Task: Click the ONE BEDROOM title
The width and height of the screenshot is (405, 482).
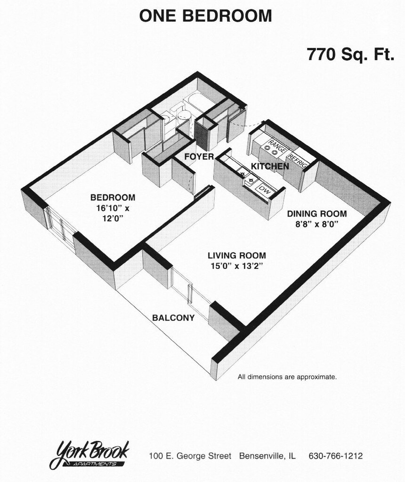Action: click(205, 16)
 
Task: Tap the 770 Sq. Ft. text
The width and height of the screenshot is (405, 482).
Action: click(350, 55)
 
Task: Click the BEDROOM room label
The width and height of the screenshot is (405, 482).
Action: click(113, 198)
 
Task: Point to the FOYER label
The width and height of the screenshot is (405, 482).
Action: click(199, 156)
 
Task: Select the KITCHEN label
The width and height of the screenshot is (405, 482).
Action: click(269, 166)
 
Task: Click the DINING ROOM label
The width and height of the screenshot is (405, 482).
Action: click(317, 214)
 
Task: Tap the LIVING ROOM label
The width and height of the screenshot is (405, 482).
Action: click(236, 256)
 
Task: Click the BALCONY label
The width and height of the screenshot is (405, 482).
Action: click(173, 318)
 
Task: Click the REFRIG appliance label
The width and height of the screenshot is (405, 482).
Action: click(298, 161)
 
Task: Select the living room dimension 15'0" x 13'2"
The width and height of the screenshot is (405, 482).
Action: click(236, 266)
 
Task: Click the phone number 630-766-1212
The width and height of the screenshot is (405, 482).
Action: click(335, 456)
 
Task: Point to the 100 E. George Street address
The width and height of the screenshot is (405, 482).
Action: click(190, 456)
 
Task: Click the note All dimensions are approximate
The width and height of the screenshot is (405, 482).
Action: click(287, 377)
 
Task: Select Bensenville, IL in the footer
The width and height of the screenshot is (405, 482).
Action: click(267, 456)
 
